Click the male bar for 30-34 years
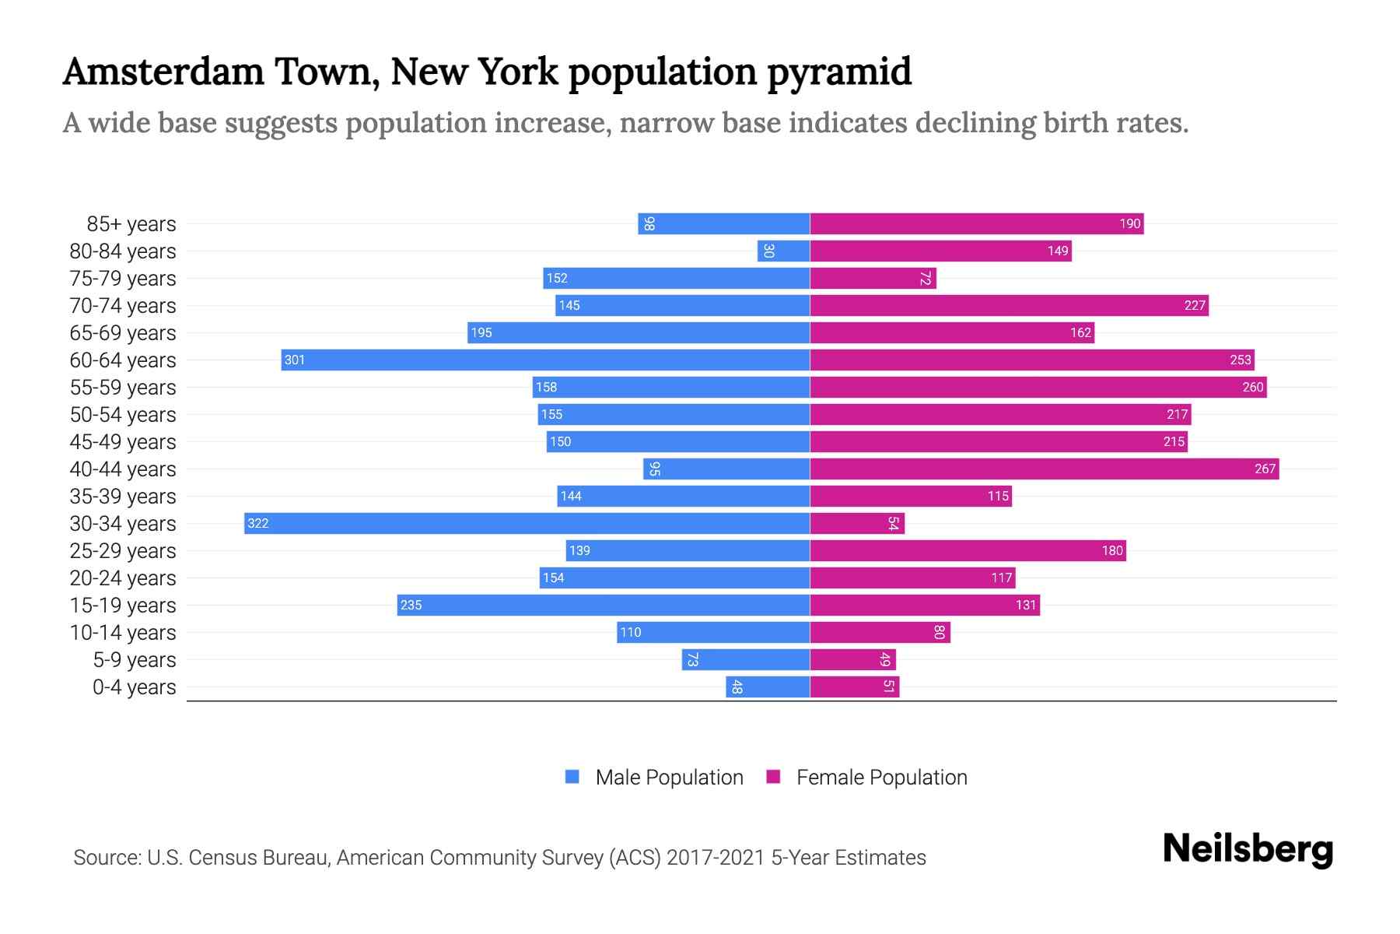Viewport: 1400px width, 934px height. pos(527,523)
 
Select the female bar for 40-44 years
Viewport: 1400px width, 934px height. pos(1044,469)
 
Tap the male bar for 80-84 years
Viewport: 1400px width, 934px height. pos(783,251)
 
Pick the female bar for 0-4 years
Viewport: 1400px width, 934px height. pos(854,686)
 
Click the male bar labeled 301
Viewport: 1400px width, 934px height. pos(544,360)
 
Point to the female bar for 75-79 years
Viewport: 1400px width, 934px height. pos(873,278)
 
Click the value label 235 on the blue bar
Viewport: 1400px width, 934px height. pos(411,605)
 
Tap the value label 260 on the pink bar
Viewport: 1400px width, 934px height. pos(1252,387)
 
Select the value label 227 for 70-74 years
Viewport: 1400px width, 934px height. pos(1195,305)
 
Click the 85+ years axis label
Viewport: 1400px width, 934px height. pos(131,224)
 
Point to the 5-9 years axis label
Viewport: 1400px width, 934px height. pos(134,660)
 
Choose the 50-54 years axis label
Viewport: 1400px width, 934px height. pos(123,415)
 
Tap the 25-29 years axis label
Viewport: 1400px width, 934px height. pos(123,551)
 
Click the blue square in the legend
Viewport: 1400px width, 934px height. pos(572,777)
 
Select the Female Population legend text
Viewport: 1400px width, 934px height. pos(881,777)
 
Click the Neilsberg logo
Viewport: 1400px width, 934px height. pos(1248,849)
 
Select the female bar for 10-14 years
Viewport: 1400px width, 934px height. pos(880,632)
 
